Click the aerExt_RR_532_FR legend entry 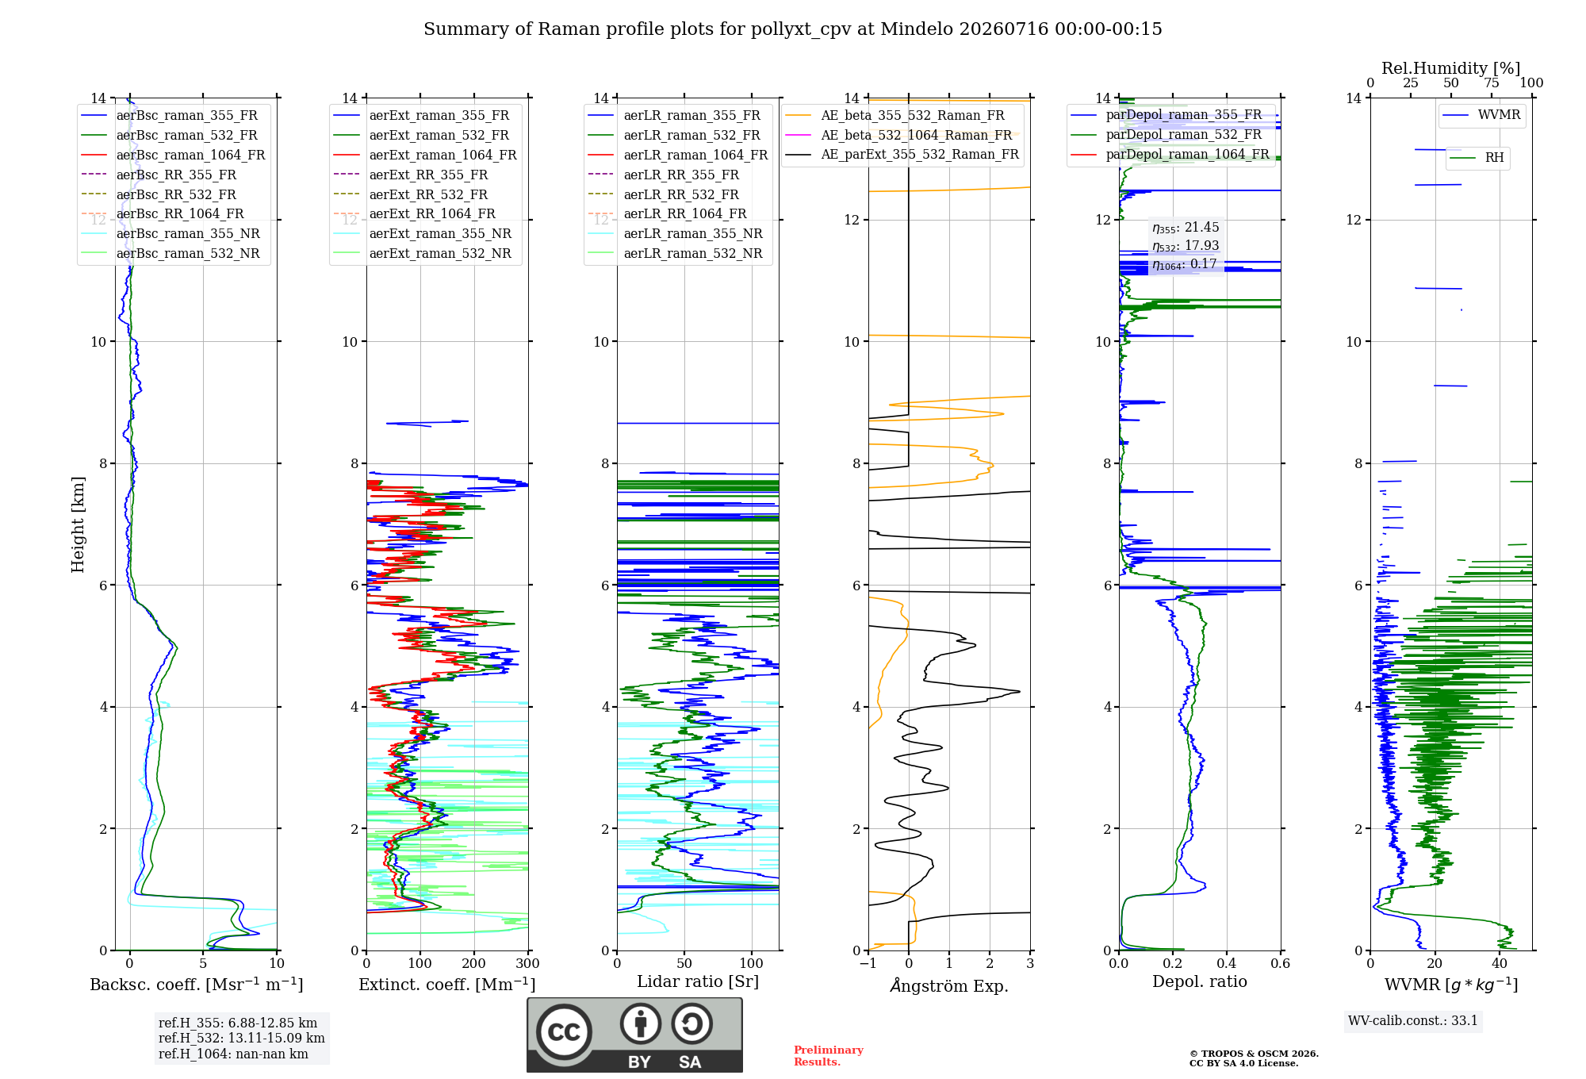[x=411, y=194]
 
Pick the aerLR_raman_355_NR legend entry [x=676, y=233]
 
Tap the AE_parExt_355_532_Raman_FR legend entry [x=902, y=154]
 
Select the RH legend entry [x=1477, y=158]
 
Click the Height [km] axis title [x=78, y=524]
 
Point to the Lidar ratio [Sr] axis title [x=698, y=981]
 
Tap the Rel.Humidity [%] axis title [x=1451, y=68]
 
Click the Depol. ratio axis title [x=1200, y=981]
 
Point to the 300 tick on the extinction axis [x=528, y=963]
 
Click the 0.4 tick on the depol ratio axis [x=1227, y=963]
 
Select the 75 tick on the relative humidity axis [x=1492, y=83]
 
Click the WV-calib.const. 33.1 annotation [x=1413, y=1020]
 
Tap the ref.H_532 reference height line [x=242, y=1038]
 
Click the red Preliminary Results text [x=829, y=1056]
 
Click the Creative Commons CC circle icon [x=564, y=1032]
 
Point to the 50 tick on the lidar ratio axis [x=684, y=963]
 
